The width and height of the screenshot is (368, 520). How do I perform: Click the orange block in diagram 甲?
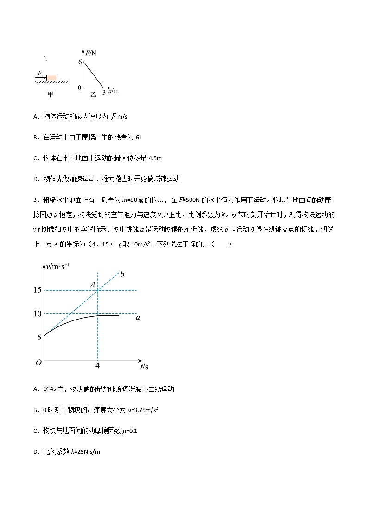tap(52, 77)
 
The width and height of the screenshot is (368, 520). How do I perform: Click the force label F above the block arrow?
tap(40, 73)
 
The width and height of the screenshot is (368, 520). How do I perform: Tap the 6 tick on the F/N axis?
tap(80, 62)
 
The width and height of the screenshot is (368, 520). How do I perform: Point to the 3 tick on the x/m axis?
tap(104, 92)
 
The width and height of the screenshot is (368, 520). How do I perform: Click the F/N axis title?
tap(91, 53)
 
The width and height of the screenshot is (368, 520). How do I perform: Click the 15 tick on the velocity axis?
tap(37, 290)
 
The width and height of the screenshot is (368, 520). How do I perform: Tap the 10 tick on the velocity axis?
tap(37, 314)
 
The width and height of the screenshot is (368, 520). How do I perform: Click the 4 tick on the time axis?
tap(97, 366)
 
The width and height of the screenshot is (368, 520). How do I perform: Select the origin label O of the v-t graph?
tap(38, 363)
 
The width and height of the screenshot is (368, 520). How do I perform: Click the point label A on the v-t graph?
tap(93, 285)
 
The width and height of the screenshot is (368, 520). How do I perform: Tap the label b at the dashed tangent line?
tap(122, 274)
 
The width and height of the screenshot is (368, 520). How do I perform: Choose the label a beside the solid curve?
tap(138, 318)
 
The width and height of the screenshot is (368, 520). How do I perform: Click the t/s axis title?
tap(144, 367)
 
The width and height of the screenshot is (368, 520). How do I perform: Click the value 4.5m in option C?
tap(155, 158)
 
